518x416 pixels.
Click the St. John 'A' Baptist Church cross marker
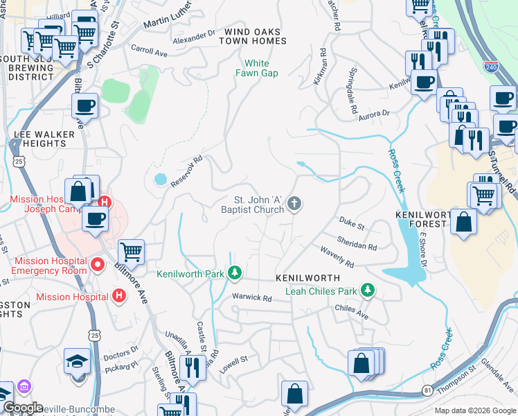(294, 204)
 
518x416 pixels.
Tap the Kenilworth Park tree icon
(235, 274)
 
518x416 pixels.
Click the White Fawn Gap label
(256, 68)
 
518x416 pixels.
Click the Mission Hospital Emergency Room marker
(98, 264)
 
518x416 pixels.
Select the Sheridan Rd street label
(357, 245)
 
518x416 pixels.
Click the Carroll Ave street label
(150, 52)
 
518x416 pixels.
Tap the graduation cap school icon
(77, 361)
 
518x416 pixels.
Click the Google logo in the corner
(23, 408)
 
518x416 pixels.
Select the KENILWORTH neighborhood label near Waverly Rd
(307, 277)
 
